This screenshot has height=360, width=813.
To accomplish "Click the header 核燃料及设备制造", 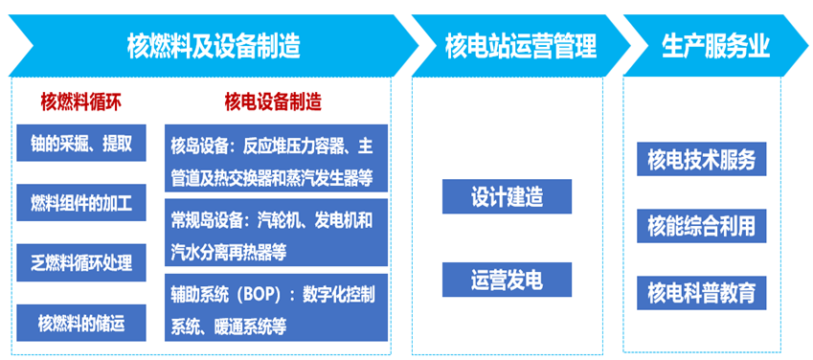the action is [214, 47].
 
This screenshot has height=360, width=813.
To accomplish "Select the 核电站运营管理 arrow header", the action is [521, 47].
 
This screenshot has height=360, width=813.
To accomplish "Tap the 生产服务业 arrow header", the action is [715, 47].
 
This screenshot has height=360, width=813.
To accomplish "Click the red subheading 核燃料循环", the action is [80, 102].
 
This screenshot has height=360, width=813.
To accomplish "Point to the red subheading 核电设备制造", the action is [273, 102].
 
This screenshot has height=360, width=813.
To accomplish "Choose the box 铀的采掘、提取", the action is [81, 143].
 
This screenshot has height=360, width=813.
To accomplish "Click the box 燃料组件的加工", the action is [81, 202].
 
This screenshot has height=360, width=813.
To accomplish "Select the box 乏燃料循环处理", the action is [81, 263].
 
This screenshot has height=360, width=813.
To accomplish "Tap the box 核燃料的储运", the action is [81, 324].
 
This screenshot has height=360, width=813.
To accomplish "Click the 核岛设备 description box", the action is [277, 158].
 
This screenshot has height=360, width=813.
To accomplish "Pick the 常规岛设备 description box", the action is [277, 233].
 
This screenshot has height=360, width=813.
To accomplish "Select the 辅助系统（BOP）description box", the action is [277, 307].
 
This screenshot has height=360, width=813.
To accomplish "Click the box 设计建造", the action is [508, 196].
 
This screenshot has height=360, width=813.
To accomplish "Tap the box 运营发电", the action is [508, 280].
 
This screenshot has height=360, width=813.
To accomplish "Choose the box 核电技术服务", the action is [702, 159].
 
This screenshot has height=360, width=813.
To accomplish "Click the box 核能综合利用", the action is [702, 226].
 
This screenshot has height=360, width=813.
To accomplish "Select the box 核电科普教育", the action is [702, 293].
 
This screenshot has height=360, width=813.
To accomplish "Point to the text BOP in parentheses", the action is [258, 295].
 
